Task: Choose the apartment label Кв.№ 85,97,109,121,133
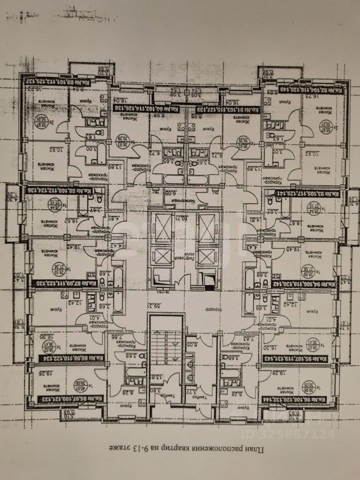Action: click(60, 400)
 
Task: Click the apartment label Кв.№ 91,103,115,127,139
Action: click(226, 110)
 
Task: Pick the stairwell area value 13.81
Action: click(155, 376)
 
